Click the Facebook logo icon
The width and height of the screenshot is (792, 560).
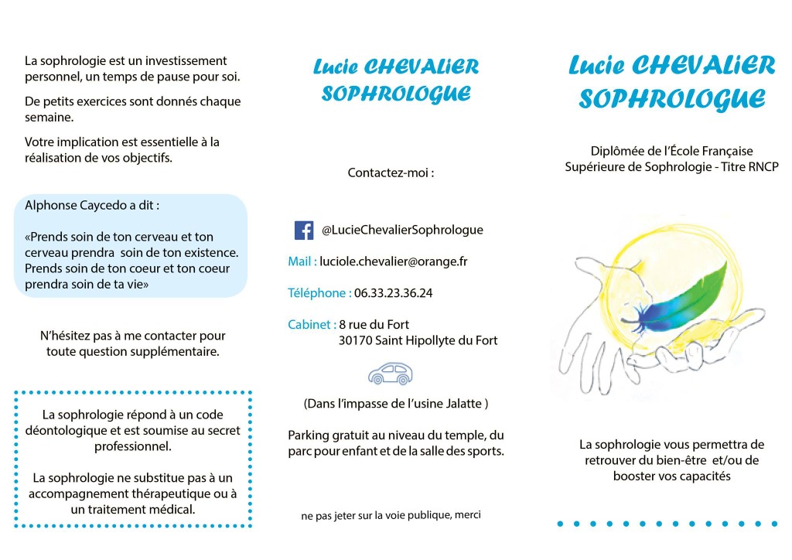[304, 230]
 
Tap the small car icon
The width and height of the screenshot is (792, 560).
[391, 374]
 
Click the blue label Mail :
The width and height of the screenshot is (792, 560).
[302, 261]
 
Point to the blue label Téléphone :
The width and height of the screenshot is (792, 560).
[319, 293]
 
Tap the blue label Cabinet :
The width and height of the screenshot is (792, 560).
[312, 325]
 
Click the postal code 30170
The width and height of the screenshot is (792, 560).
[354, 340]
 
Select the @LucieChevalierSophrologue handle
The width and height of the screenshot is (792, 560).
[402, 230]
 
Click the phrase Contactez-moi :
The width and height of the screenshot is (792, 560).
[391, 172]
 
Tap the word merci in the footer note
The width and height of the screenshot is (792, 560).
[467, 514]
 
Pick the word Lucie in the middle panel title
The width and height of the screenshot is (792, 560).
[335, 67]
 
